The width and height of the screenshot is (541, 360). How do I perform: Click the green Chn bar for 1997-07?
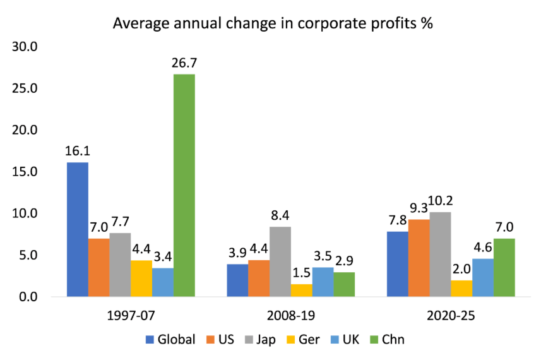(184, 185)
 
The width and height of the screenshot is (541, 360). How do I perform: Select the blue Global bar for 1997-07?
(78, 229)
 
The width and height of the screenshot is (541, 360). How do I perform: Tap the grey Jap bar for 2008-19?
(280, 261)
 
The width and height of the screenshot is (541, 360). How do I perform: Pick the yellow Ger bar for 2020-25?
(461, 288)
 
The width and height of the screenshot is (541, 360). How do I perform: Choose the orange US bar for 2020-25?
(419, 258)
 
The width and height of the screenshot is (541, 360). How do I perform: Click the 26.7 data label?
(184, 63)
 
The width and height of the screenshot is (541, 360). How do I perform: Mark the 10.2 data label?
(441, 201)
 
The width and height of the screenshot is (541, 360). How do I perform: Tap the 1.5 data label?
(300, 273)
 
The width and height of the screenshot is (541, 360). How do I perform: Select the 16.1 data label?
(78, 152)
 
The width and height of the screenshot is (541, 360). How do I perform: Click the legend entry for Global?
(170, 339)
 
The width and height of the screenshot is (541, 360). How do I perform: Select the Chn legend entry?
(385, 339)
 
